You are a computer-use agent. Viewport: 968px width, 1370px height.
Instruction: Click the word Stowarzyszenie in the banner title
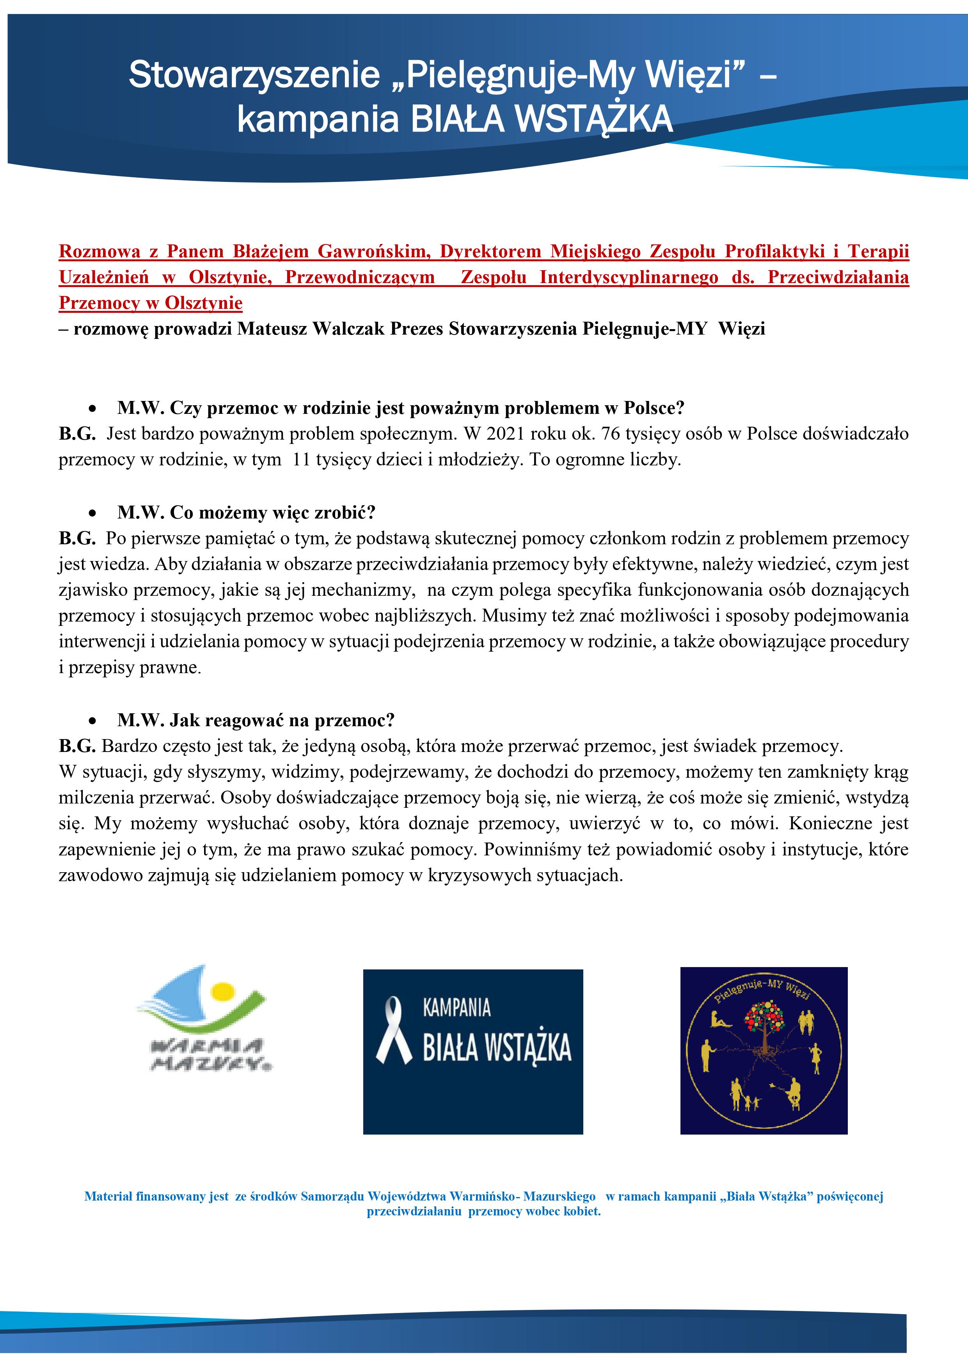point(254,75)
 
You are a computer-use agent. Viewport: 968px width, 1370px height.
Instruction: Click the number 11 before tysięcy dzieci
point(301,460)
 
